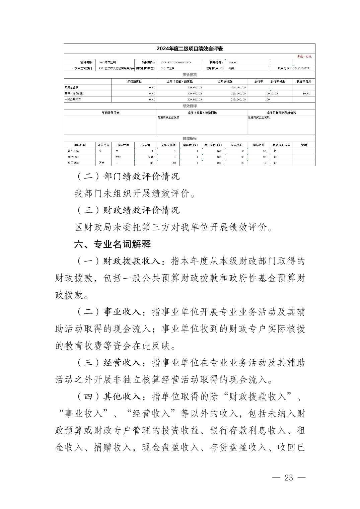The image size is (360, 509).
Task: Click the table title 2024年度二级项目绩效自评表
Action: [190, 49]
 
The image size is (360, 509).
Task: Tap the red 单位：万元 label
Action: [304, 57]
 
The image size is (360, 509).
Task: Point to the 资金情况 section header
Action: [190, 75]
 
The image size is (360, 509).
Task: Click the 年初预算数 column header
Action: [134, 81]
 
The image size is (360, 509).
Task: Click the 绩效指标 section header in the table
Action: [190, 138]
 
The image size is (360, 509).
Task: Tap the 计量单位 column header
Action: [103, 145]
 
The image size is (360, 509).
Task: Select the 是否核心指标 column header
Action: [281, 145]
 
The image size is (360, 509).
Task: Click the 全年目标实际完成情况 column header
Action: [281, 113]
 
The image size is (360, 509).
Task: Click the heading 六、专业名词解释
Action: [113, 244]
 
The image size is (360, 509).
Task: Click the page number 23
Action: [289, 478]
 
